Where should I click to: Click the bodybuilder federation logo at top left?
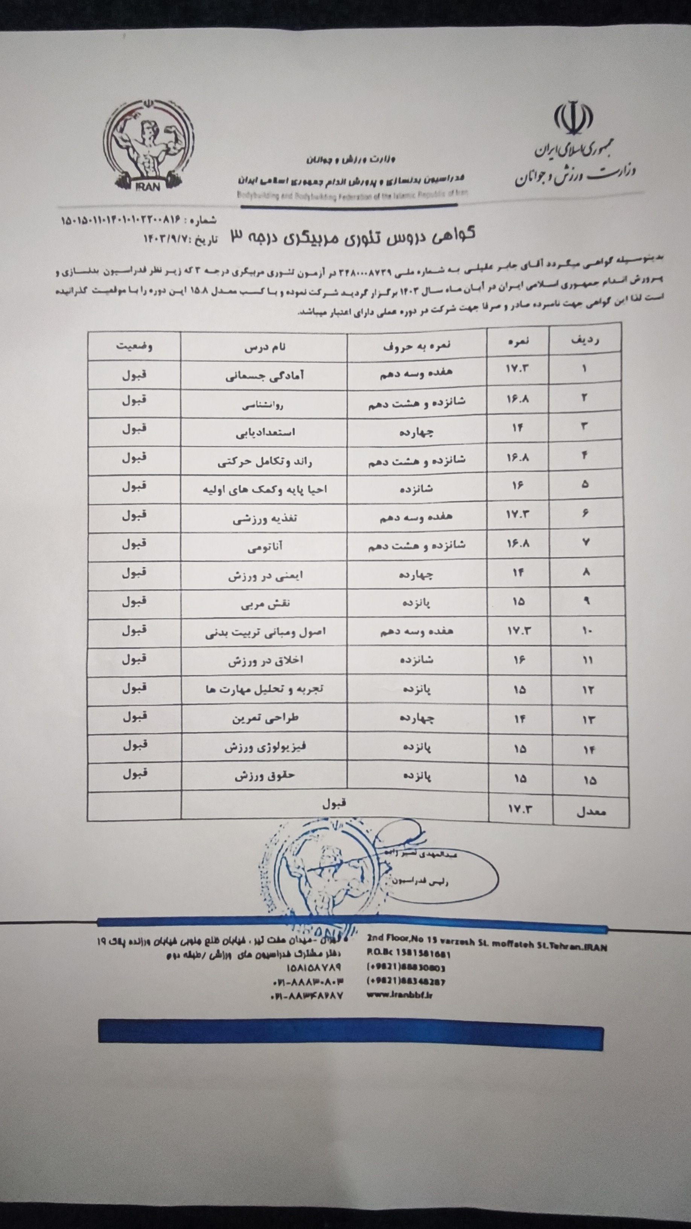tap(148, 146)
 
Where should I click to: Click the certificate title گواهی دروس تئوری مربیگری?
tap(353, 235)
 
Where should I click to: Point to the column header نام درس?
tap(265, 347)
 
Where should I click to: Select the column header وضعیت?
tap(134, 346)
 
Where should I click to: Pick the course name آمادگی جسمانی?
tap(265, 375)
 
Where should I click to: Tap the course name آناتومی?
tap(265, 547)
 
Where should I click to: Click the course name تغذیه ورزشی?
tap(265, 518)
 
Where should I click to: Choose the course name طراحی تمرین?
tap(265, 718)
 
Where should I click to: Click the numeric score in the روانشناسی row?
tap(517, 398)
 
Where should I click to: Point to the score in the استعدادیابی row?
tap(517, 427)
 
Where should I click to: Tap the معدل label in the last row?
tap(591, 811)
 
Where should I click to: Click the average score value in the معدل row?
tap(519, 809)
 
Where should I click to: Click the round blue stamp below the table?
tap(317, 878)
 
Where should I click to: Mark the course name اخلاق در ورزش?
tap(265, 661)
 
